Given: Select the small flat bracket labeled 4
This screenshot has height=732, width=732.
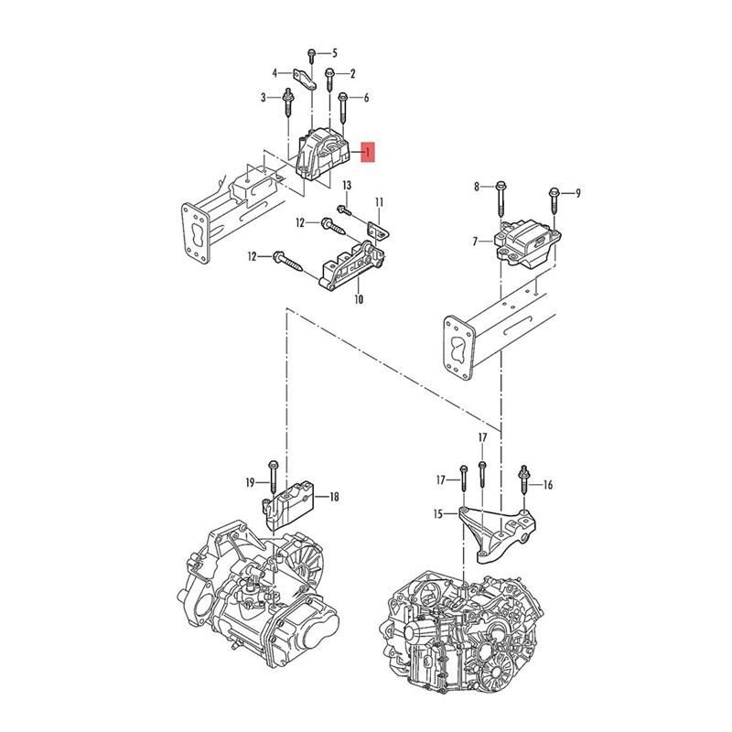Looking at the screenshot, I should [x=306, y=78].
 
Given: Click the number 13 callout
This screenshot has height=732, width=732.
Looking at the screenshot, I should [x=347, y=186].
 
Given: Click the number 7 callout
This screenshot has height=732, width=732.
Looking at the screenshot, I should [x=474, y=242].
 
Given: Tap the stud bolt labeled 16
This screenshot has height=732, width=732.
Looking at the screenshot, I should [x=524, y=480].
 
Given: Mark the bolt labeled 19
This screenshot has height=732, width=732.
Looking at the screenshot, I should [x=272, y=477].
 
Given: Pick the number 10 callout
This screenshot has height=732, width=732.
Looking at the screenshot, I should [x=357, y=299].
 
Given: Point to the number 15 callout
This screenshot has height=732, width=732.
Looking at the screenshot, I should [x=439, y=514].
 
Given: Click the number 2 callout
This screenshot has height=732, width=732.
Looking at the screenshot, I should [x=352, y=73].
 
